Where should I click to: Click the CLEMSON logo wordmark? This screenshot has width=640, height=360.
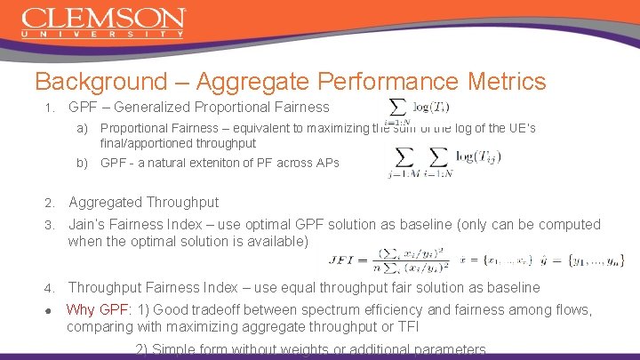click(103, 19)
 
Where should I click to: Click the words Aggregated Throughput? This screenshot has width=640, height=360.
click(143, 203)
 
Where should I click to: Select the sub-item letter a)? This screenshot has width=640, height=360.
click(82, 128)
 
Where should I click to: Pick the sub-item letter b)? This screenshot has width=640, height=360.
click(82, 163)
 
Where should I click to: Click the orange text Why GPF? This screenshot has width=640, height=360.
click(98, 310)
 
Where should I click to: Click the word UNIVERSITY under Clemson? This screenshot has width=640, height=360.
click(103, 35)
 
